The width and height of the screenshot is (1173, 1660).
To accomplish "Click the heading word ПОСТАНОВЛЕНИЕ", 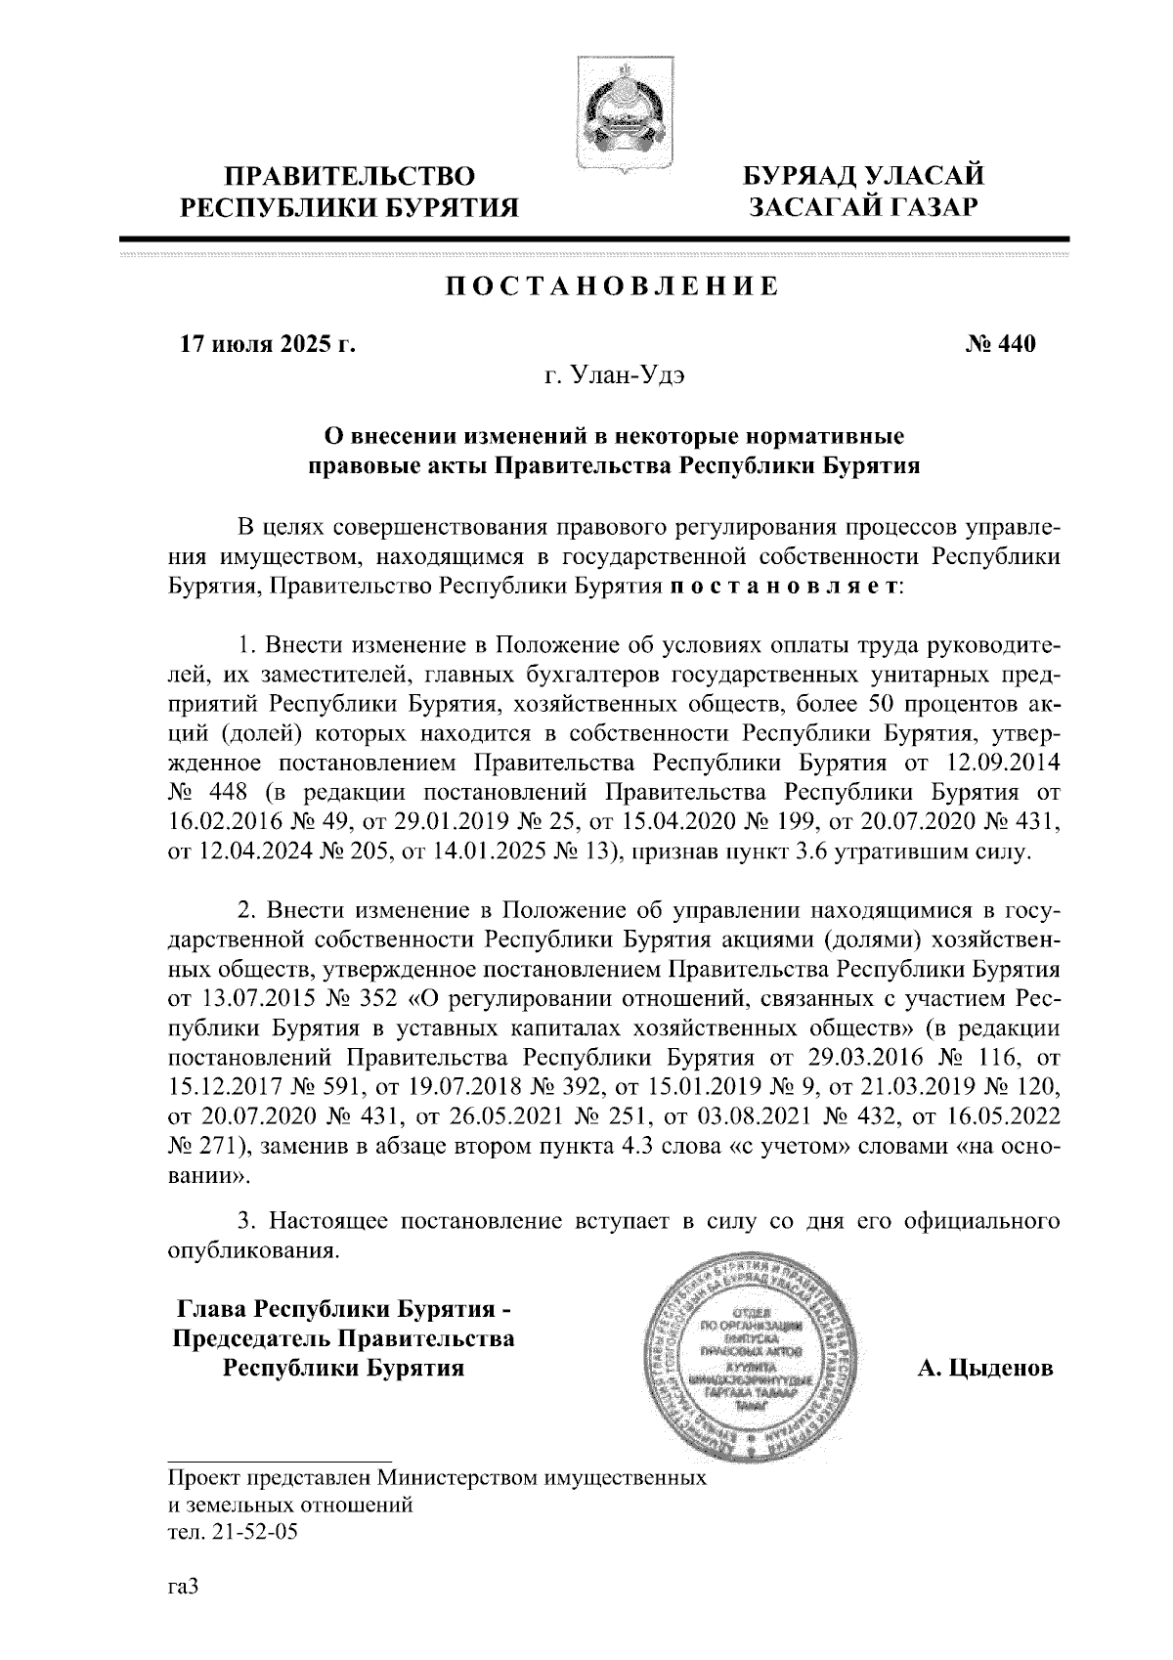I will [x=613, y=286].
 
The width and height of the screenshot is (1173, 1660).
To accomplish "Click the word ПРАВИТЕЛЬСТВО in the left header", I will [x=351, y=177].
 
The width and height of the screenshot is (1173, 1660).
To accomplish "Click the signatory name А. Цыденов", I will [x=984, y=1368].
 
